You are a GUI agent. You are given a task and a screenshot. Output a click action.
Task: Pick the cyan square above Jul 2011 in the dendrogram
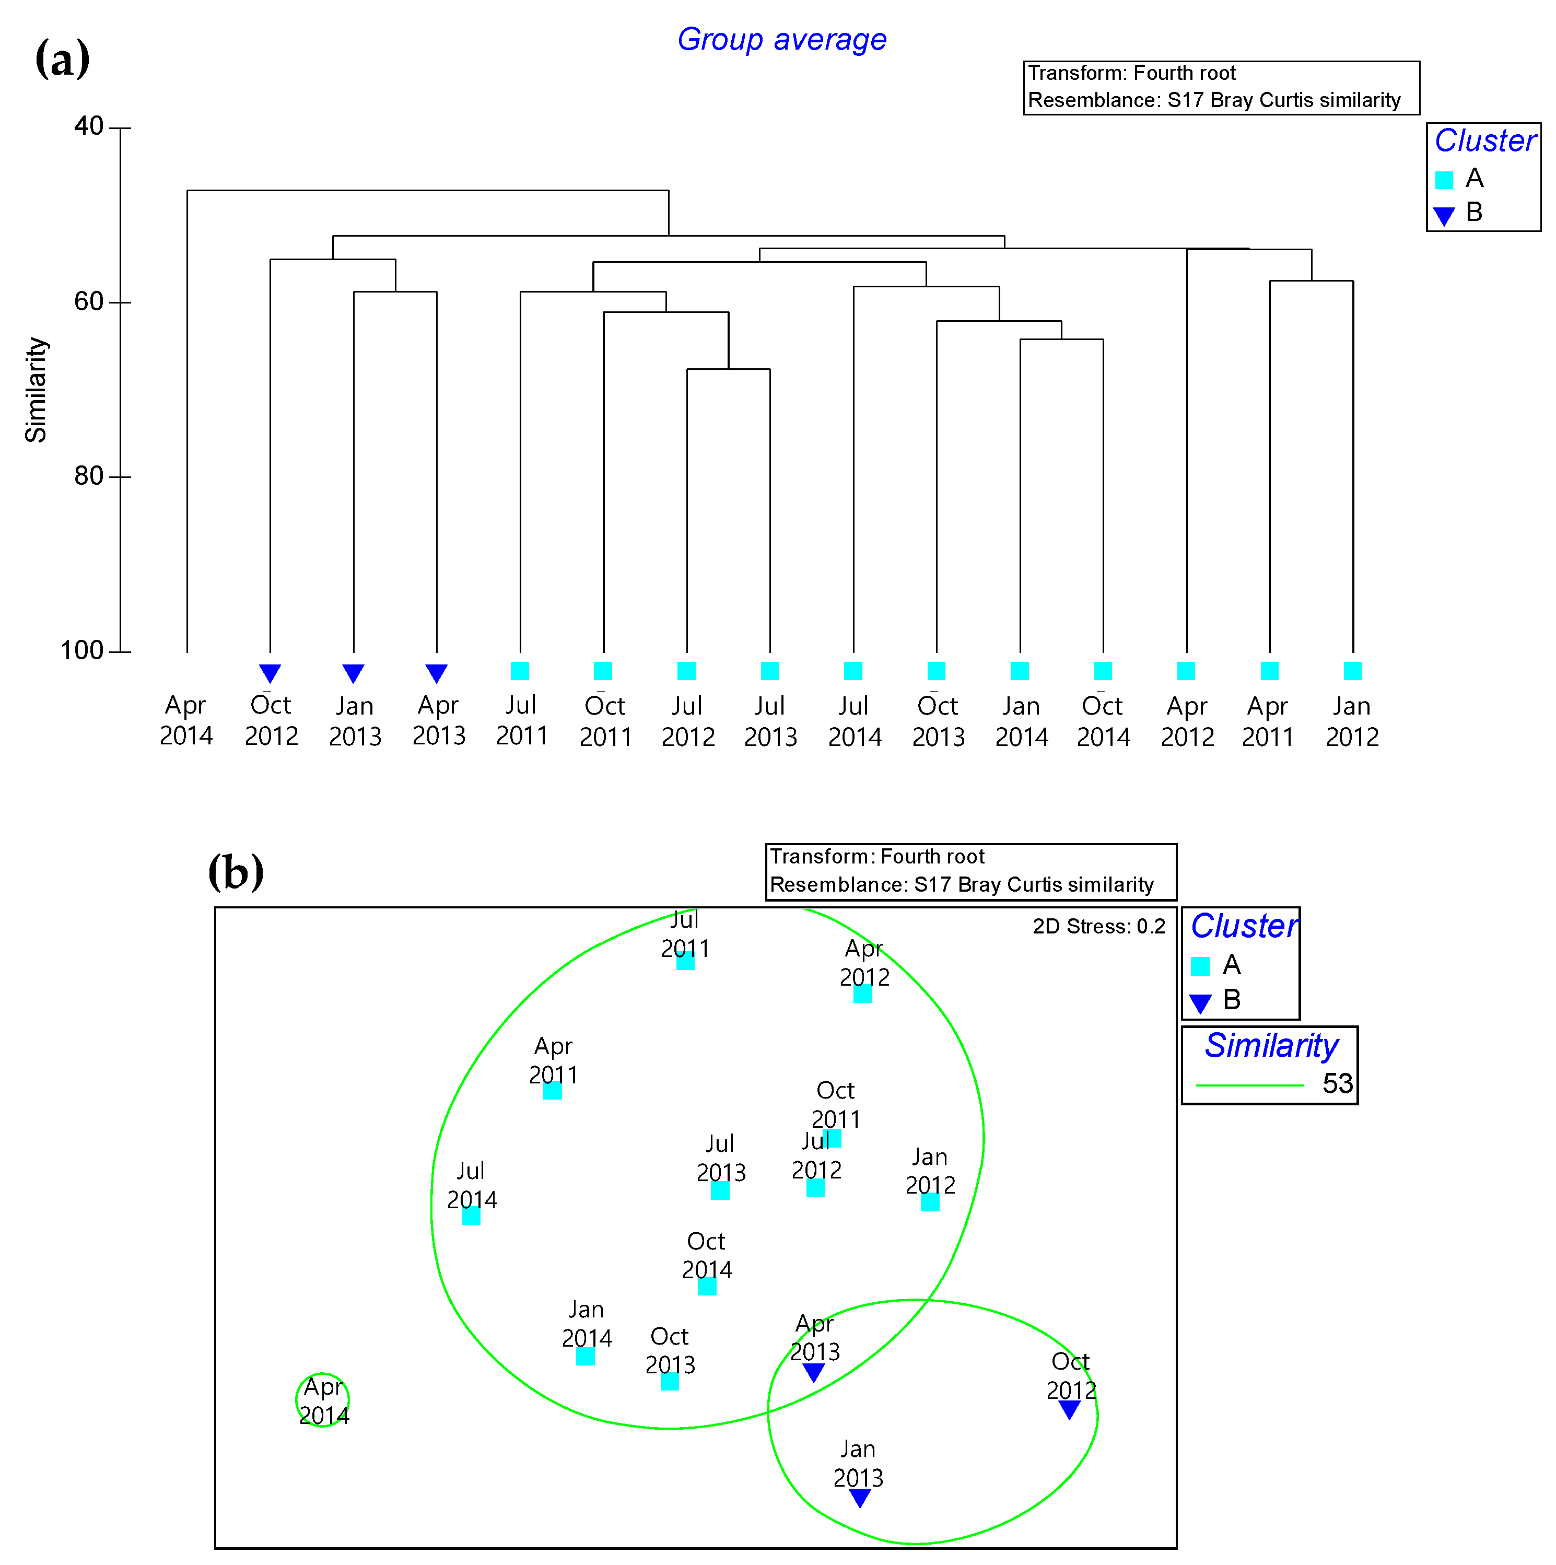(x=520, y=671)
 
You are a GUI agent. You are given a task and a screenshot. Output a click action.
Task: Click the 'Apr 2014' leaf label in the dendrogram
(x=186, y=720)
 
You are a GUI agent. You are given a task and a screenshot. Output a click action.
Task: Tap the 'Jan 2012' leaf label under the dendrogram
(x=1352, y=721)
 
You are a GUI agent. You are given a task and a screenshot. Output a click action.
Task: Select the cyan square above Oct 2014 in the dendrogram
(x=1103, y=671)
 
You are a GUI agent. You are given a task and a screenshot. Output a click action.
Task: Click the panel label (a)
(x=62, y=59)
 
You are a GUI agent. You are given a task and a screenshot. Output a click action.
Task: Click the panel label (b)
(x=236, y=872)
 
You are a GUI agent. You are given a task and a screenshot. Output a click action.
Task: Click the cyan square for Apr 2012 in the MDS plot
(x=863, y=994)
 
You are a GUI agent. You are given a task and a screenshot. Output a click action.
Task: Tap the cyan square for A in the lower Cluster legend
(x=1200, y=965)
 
